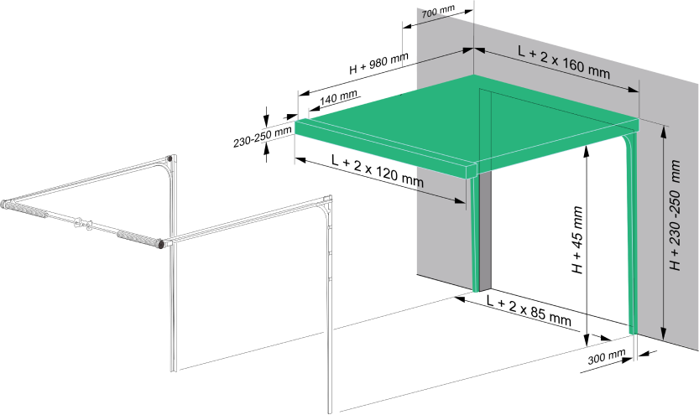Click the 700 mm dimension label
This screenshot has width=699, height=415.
coord(438,11)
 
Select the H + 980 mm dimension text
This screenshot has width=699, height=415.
coord(378,63)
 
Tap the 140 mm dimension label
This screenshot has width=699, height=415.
coord(338,98)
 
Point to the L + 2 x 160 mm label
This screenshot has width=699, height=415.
coord(564,61)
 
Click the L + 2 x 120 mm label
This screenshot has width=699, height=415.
coord(377,170)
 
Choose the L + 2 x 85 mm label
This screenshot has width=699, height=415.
coord(529,310)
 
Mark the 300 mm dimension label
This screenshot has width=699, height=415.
coord(606,356)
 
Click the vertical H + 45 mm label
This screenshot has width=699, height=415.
coord(576,240)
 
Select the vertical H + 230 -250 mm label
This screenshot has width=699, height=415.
coord(676,215)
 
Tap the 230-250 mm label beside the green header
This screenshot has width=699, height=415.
coord(262,137)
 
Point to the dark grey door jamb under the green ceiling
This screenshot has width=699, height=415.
coord(484,230)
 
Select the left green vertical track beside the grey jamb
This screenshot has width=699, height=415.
coord(474,234)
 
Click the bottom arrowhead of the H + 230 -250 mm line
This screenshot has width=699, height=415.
coord(663,334)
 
